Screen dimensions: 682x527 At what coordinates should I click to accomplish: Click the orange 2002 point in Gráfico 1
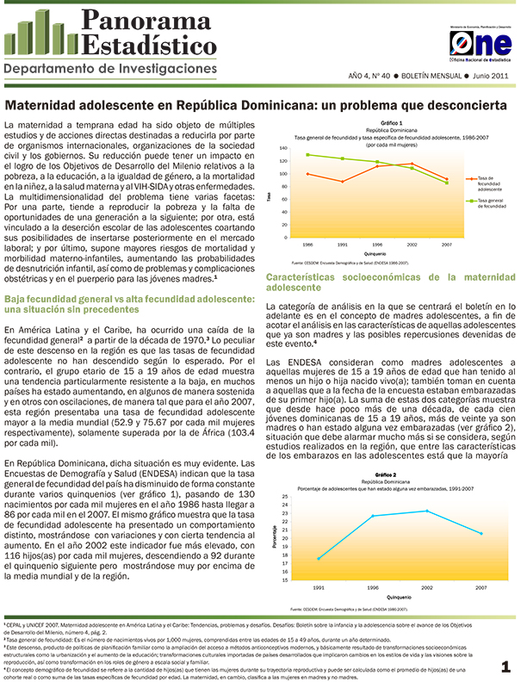pyautogui.click(x=412, y=164)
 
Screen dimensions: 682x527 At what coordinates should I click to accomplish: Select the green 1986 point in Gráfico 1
pyautogui.click(x=307, y=155)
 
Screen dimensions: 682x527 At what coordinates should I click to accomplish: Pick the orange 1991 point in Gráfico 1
pyautogui.click(x=342, y=182)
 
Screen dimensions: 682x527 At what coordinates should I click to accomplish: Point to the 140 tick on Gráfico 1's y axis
pyautogui.click(x=283, y=148)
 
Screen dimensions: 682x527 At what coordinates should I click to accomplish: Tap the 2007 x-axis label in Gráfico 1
pyautogui.click(x=446, y=245)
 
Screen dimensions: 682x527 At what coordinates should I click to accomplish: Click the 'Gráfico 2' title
pyautogui.click(x=385, y=474)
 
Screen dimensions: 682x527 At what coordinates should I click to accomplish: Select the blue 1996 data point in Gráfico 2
pyautogui.click(x=372, y=516)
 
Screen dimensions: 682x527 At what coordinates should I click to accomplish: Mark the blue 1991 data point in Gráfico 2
pyautogui.click(x=319, y=559)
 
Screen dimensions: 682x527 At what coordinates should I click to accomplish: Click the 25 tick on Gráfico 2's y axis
pyautogui.click(x=285, y=497)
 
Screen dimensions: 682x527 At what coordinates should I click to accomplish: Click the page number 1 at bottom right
pyautogui.click(x=506, y=666)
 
